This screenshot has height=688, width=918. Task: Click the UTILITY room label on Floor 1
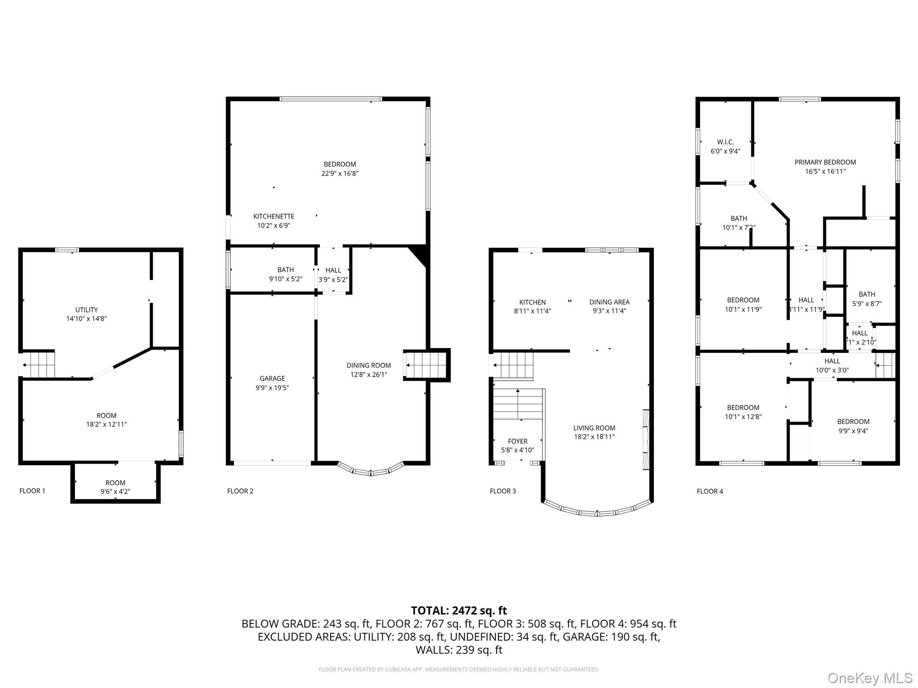(x=87, y=310)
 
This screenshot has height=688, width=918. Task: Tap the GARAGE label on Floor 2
(x=272, y=378)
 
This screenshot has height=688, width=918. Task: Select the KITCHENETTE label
(x=273, y=216)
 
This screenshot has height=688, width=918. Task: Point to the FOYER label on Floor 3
(x=517, y=441)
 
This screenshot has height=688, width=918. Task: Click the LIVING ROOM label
(x=594, y=428)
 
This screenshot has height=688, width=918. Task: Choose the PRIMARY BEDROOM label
(x=825, y=162)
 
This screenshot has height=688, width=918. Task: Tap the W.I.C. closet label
(x=725, y=142)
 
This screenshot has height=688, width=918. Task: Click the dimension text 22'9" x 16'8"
(x=340, y=173)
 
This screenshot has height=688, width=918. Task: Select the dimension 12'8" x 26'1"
(x=368, y=374)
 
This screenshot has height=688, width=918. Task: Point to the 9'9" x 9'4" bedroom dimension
(x=853, y=431)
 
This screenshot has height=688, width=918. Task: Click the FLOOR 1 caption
(x=32, y=491)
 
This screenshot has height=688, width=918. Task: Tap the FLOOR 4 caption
(x=710, y=491)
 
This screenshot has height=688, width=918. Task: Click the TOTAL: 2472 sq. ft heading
(x=459, y=611)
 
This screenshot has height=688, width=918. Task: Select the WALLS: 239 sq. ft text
(x=459, y=649)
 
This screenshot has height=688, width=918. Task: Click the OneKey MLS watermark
(x=870, y=678)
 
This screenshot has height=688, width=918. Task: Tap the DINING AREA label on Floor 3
(x=609, y=302)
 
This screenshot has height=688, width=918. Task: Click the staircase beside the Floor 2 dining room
(x=426, y=365)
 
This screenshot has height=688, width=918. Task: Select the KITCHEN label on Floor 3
(x=532, y=302)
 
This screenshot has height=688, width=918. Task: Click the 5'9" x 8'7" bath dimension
(x=866, y=303)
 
